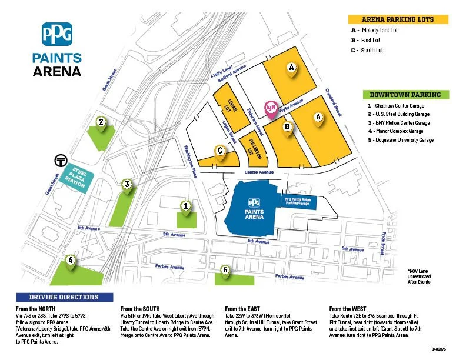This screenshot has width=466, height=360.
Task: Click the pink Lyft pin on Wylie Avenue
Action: click(x=271, y=109)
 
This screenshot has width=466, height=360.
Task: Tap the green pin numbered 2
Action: click(x=101, y=122)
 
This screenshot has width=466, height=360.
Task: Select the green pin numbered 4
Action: click(x=70, y=260)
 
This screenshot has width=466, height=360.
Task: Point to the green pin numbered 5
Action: click(x=225, y=270)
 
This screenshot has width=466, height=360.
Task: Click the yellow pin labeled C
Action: click(x=219, y=151)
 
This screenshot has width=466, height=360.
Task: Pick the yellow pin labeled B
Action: click(x=287, y=127)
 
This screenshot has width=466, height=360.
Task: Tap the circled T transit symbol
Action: click(x=59, y=161)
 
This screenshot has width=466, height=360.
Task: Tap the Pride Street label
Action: click(x=383, y=242)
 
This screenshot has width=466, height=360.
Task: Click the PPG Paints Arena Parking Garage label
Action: click(x=301, y=201)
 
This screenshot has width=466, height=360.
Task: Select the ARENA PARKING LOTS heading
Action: click(x=398, y=19)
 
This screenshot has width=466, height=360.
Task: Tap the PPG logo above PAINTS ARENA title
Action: click(x=57, y=34)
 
